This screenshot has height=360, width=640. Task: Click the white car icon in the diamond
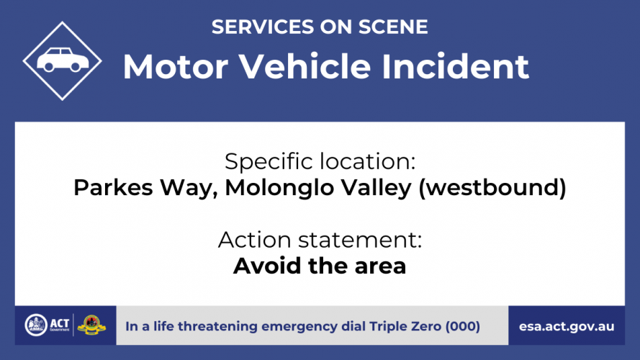[63, 60]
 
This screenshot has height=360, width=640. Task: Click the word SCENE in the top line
[393, 27]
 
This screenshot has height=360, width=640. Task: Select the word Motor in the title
[176, 66]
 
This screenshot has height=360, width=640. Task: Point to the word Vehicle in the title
[305, 66]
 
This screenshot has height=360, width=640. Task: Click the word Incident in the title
[455, 66]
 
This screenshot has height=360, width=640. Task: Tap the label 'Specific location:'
[320, 161]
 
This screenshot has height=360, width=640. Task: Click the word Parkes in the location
[114, 188]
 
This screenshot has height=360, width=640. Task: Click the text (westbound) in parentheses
[492, 188]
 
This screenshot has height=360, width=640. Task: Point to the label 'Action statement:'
[320, 240]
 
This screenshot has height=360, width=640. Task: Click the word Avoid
[267, 266]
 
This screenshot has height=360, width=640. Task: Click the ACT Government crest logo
[36, 325]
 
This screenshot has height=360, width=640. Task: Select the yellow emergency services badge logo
[91, 325]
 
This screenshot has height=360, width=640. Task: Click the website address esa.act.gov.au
[567, 327]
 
